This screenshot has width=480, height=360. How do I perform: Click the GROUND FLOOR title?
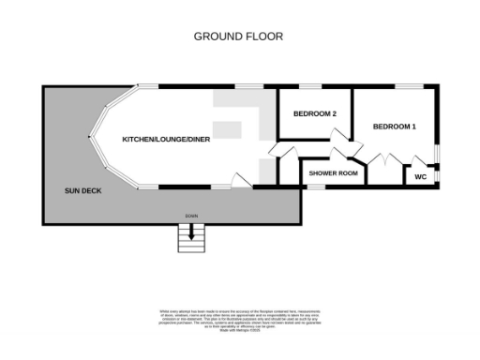(238, 37)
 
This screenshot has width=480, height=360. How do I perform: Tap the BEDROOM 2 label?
(314, 114)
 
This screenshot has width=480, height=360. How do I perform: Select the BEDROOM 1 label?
(395, 127)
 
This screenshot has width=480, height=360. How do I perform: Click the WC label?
(421, 175)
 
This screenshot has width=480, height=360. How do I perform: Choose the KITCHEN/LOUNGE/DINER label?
(166, 140)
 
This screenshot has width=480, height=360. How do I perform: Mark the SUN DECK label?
(83, 191)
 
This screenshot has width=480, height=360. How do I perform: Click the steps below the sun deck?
(191, 241)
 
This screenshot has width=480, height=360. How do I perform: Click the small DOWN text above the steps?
(191, 217)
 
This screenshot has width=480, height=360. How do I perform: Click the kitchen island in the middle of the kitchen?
(226, 128)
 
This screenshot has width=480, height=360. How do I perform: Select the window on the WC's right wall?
(436, 172)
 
